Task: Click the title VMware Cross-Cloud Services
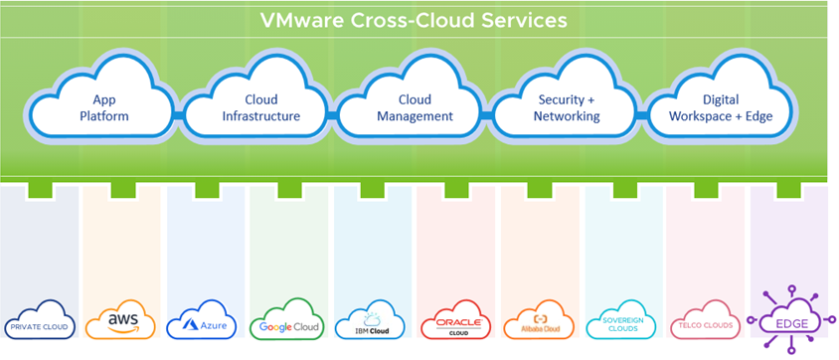413,19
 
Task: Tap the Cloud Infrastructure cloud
260,107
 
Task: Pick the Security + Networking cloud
568,107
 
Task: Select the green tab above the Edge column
792,190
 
